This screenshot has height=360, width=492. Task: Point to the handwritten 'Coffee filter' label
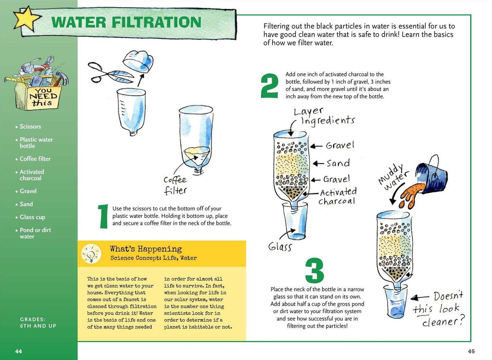coord(175,186)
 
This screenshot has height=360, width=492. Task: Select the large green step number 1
coord(103,216)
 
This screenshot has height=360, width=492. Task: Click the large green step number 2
coord(270,86)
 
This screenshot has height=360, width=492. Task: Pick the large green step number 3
coord(315,270)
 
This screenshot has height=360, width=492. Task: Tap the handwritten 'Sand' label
coord(338,163)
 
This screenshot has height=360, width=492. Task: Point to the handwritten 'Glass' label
coord(280,247)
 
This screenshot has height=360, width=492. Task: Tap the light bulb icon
coord(91,254)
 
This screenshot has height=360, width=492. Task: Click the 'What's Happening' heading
coord(146,249)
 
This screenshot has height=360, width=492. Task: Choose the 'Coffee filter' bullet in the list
coord(35,159)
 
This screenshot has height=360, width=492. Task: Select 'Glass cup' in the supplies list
coord(32,217)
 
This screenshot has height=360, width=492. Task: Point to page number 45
coord(471,351)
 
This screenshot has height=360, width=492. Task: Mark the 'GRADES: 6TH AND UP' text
coord(38,323)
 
